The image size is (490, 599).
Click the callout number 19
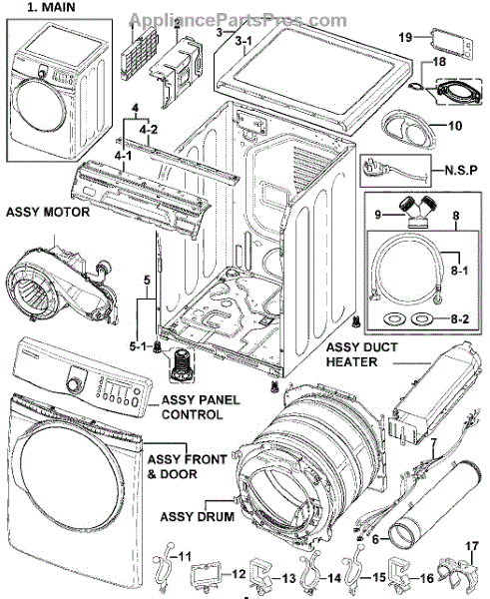coord(405,38)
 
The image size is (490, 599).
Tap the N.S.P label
coord(461,170)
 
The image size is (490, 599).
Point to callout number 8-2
coord(460,318)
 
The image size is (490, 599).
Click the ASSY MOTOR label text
coord(48,212)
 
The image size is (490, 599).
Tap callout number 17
coord(472,546)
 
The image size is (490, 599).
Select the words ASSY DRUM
coord(197,517)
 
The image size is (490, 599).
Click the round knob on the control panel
coord(73,382)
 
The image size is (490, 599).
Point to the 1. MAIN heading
coord(51,7)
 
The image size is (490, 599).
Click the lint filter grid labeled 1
coord(140,53)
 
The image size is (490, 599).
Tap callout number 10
coord(454,126)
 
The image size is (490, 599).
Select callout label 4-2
coord(149,130)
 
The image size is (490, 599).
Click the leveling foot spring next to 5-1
coord(180,365)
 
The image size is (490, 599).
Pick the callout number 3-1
coord(243,41)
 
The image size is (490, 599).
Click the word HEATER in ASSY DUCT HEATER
coord(351,361)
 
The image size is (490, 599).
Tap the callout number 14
coord(334,578)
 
